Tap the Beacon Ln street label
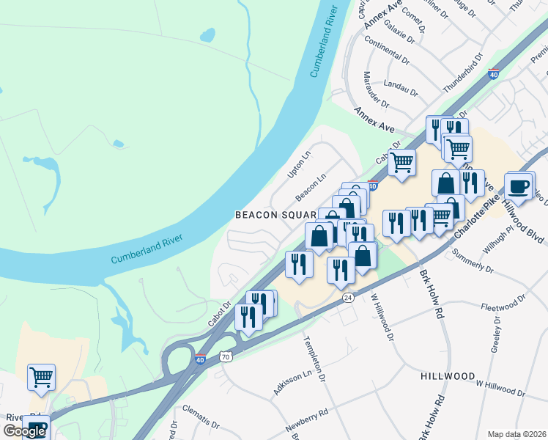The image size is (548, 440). (311, 188)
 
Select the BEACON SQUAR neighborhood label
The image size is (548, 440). (275, 215)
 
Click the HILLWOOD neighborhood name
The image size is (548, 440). (448, 375)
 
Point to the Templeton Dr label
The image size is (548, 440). (312, 359)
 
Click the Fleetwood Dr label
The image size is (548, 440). (504, 304)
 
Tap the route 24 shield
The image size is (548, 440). (347, 297)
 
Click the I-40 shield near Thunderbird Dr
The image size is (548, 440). (494, 74)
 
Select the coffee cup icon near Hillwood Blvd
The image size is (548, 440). (519, 186)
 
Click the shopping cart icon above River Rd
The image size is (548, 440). (42, 378)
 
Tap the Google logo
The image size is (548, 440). (24, 431)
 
